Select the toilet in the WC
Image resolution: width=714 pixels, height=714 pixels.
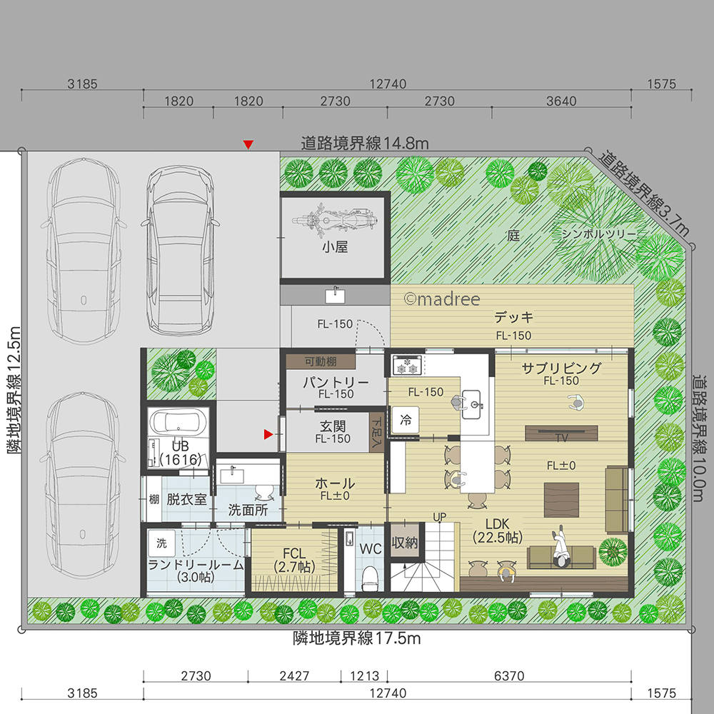[370, 578]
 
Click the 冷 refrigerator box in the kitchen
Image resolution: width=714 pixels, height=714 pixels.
[406, 420]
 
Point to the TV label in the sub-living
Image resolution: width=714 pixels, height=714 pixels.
[561, 438]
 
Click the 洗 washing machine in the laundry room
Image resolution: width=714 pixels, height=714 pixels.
[161, 543]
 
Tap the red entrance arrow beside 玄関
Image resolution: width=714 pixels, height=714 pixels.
[268, 434]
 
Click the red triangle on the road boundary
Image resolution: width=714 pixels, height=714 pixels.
[248, 144]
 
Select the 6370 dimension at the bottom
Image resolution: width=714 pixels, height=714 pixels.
[509, 675]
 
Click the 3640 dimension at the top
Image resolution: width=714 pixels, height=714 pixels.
[561, 101]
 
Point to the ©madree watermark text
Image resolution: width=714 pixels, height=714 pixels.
[442, 299]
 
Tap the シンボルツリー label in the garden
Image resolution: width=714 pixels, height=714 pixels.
[598, 233]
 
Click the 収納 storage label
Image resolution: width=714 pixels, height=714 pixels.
[404, 542]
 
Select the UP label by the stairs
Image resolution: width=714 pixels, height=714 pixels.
[439, 517]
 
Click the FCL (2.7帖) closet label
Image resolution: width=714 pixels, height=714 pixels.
[294, 560]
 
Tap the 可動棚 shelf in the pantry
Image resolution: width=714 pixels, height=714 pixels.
[321, 361]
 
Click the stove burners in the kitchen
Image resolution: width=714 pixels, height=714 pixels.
[408, 365]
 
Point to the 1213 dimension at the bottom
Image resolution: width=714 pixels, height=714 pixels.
[364, 675]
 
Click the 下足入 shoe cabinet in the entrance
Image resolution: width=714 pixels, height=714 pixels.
[376, 432]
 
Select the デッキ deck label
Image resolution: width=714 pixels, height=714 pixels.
[513, 317]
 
